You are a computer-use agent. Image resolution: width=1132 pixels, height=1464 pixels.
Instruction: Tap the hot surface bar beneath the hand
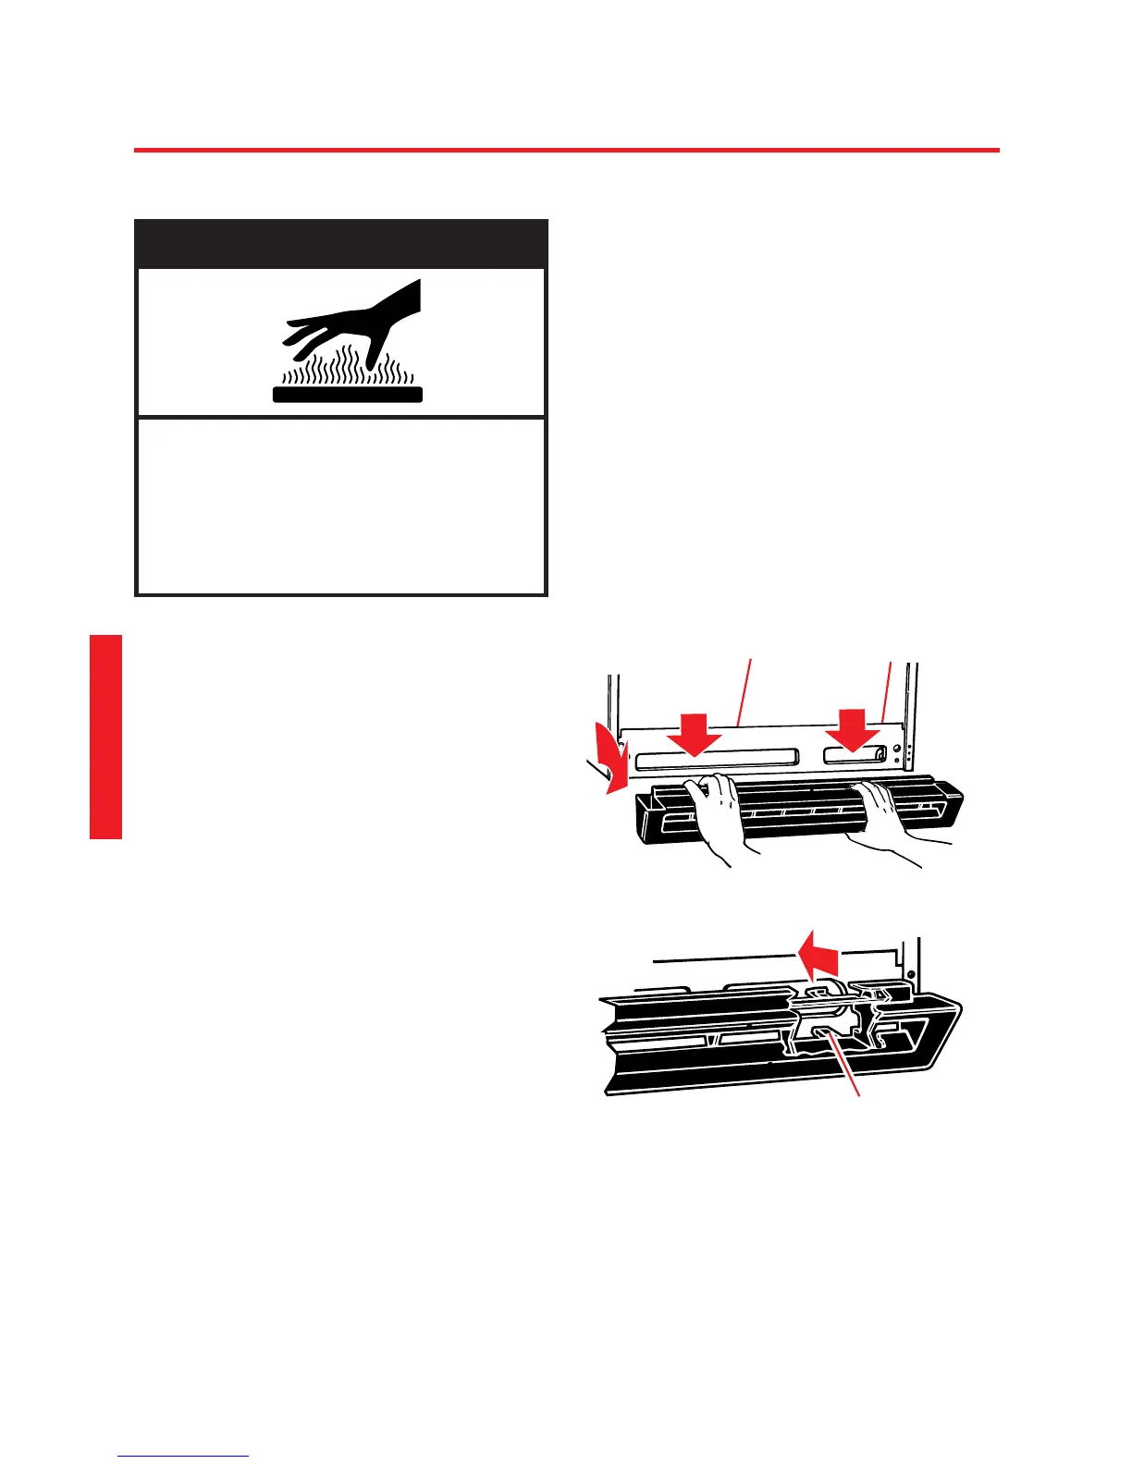348,395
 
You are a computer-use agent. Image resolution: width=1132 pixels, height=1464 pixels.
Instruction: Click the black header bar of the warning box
341,244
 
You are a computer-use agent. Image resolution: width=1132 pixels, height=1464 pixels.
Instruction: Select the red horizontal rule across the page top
566,150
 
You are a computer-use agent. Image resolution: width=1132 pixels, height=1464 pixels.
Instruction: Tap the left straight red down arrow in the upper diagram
694,732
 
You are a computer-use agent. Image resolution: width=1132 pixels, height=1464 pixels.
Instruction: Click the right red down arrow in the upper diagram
851,729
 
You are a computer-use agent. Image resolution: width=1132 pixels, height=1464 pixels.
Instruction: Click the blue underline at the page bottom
184,1456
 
